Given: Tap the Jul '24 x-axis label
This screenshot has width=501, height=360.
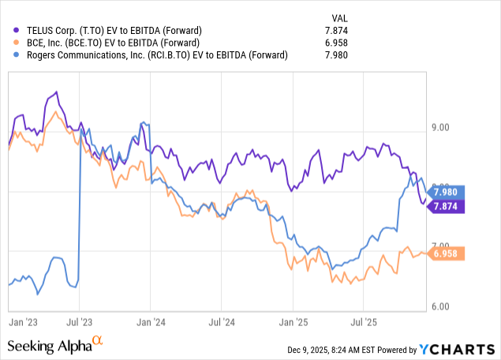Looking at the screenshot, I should (x=221, y=322).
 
